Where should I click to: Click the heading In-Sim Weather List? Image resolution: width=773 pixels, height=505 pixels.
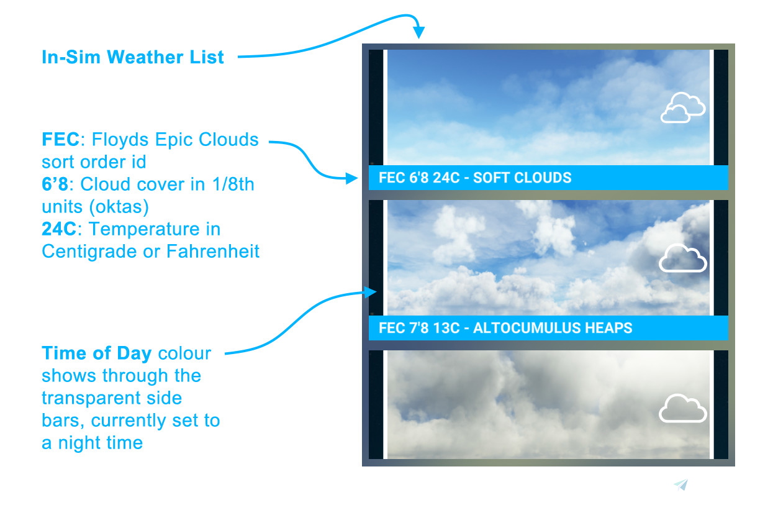click(132, 57)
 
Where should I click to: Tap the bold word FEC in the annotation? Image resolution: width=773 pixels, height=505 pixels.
click(57, 139)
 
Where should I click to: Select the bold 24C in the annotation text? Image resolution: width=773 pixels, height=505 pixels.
click(59, 229)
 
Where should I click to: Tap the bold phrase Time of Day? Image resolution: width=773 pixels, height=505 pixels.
click(96, 353)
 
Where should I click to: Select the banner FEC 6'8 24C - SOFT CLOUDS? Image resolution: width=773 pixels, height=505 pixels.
click(475, 178)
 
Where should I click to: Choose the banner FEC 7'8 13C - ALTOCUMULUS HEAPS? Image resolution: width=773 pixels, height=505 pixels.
click(505, 327)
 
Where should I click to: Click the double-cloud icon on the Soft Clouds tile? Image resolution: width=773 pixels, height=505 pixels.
click(682, 107)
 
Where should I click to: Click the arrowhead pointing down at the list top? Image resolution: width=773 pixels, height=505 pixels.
click(419, 33)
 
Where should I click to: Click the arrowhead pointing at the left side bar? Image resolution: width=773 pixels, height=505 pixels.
click(373, 292)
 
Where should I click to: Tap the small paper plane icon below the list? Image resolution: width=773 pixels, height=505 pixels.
click(681, 485)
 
